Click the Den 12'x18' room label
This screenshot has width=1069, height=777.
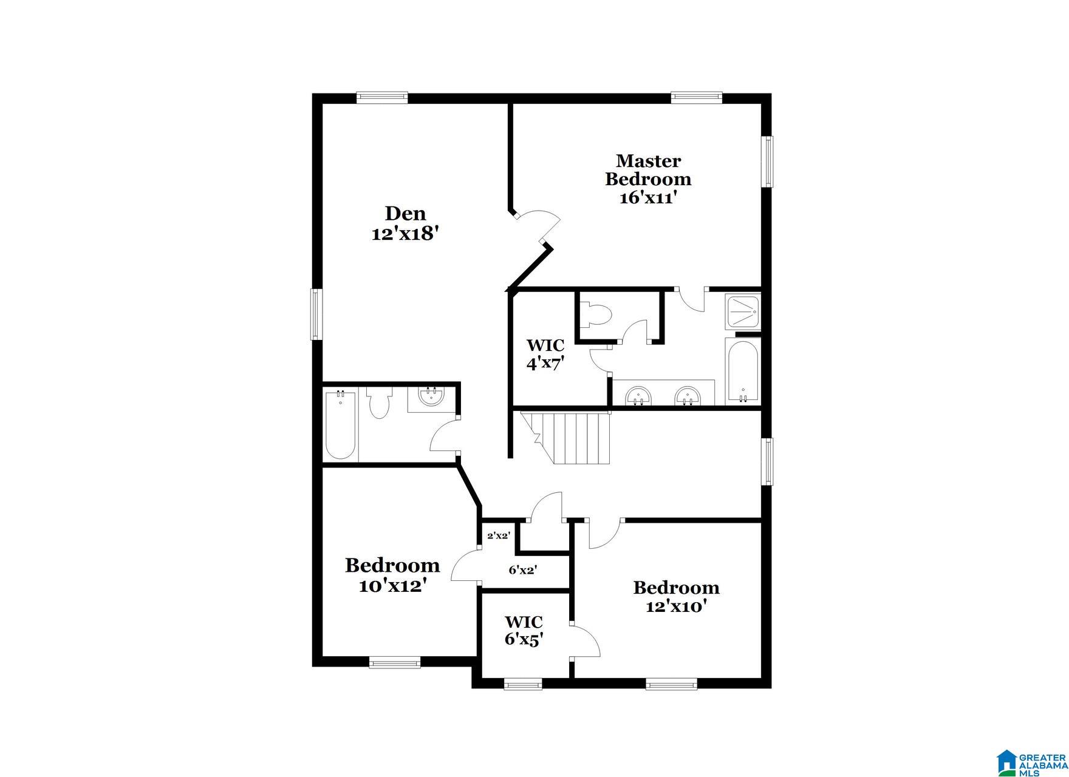(405, 223)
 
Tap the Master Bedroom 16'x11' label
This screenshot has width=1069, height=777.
(648, 179)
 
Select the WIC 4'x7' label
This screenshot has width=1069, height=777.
(545, 355)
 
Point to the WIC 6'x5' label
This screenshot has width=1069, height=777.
(524, 631)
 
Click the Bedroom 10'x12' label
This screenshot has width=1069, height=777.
(392, 575)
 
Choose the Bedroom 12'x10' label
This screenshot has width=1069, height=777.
(676, 597)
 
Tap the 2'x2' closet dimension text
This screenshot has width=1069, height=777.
(498, 536)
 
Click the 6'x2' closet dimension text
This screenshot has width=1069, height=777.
(522, 570)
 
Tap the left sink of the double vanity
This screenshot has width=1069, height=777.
(638, 396)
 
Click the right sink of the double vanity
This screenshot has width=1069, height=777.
(688, 396)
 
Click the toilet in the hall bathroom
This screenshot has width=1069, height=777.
(378, 404)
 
